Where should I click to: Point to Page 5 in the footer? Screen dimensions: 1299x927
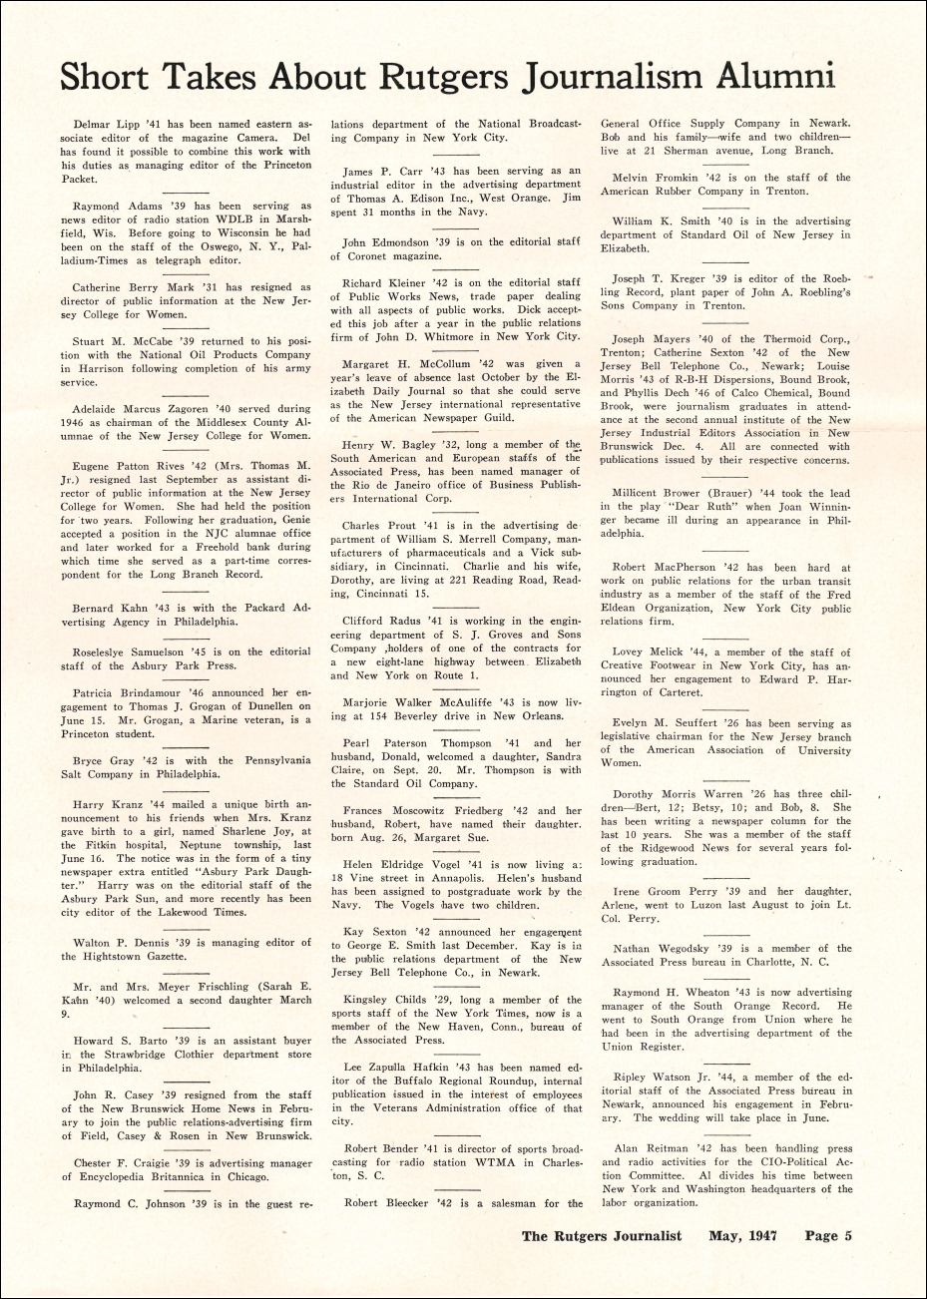pyautogui.click(x=828, y=1235)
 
